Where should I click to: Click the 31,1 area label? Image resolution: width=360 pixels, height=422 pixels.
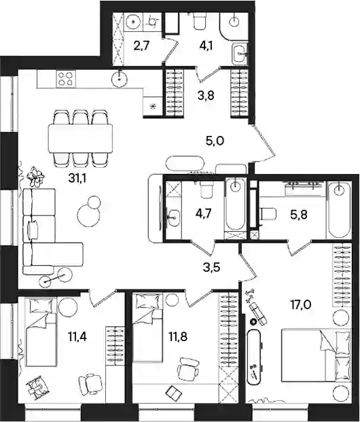tap(77, 179)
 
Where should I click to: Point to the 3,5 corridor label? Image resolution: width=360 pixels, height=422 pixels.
tap(211, 268)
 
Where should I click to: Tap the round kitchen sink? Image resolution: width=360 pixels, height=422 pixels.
tap(119, 79)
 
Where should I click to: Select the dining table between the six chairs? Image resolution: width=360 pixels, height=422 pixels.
tap(80, 138)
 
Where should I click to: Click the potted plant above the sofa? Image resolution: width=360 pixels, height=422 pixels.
tap(35, 177)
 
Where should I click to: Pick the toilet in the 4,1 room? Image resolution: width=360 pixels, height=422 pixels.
tap(200, 20)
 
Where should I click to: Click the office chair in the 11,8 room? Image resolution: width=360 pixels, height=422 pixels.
tap(188, 369)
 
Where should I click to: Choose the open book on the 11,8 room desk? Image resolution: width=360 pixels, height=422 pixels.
tap(173, 393)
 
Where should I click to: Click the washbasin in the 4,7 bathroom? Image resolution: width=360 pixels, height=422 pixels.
tap(173, 215)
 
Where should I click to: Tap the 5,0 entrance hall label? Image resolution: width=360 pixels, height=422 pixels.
tap(215, 141)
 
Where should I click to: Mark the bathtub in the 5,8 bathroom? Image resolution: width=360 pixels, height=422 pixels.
tap(339, 210)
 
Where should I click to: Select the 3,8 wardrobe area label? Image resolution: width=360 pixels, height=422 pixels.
tap(206, 95)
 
